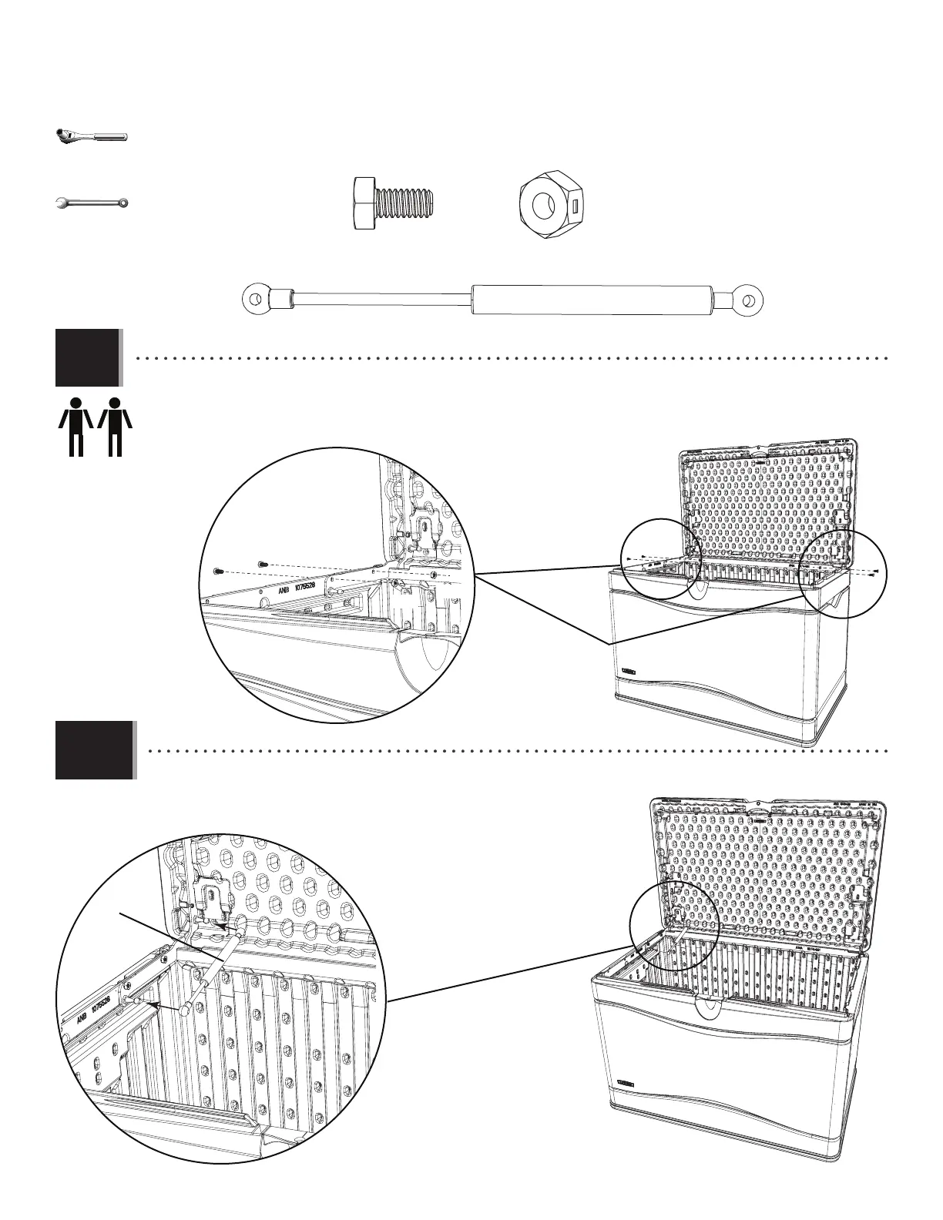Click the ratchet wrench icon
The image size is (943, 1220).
(91, 136)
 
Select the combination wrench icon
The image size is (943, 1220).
(92, 203)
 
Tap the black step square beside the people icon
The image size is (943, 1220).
(88, 357)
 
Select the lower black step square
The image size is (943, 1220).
(95, 749)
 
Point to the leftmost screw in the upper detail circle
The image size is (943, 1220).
(217, 571)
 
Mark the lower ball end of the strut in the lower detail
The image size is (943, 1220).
(186, 1009)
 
